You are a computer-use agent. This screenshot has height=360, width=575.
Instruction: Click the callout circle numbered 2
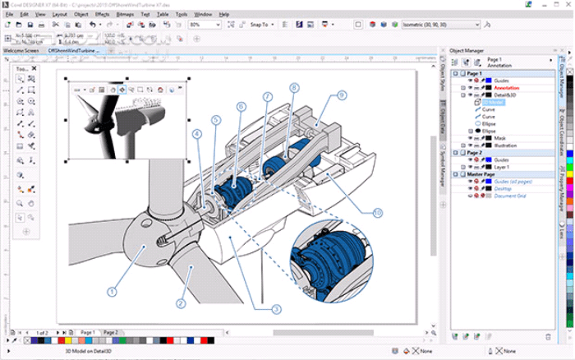click(x=180, y=302)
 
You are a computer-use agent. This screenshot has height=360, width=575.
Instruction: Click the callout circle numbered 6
click(x=241, y=106)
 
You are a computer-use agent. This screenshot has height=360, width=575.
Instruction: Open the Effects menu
click(x=102, y=14)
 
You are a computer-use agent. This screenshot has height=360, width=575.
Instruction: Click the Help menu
click(x=224, y=14)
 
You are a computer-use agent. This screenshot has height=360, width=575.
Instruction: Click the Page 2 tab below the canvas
click(x=111, y=332)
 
